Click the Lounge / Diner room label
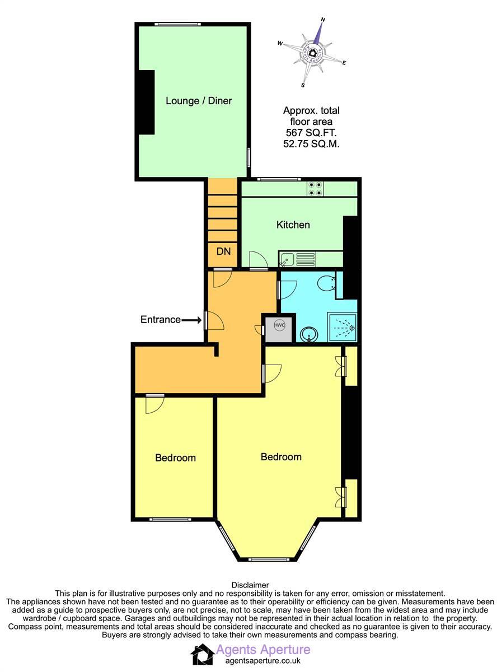[x=198, y=101]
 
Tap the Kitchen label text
[x=293, y=225]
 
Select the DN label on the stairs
[x=223, y=251]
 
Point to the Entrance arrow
[x=192, y=320]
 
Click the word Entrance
[x=160, y=320]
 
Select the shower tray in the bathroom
[x=342, y=326]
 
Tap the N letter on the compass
[x=322, y=20]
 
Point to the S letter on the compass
[x=303, y=86]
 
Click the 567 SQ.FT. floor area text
[x=311, y=133]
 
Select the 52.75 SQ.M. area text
[x=311, y=144]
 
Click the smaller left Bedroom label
[x=175, y=458]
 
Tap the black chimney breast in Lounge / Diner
[x=147, y=102]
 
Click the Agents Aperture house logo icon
[x=202, y=654]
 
